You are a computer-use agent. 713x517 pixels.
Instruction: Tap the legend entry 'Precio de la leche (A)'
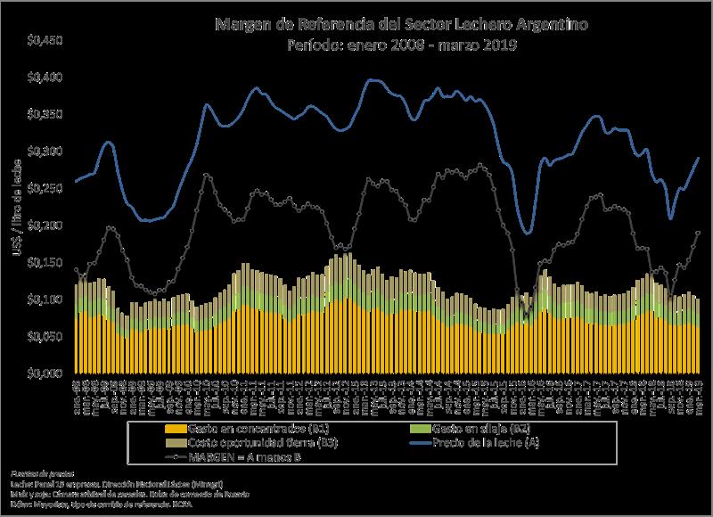488,443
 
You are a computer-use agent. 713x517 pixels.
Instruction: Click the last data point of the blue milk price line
699,157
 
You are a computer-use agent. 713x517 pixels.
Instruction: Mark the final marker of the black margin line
699,232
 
